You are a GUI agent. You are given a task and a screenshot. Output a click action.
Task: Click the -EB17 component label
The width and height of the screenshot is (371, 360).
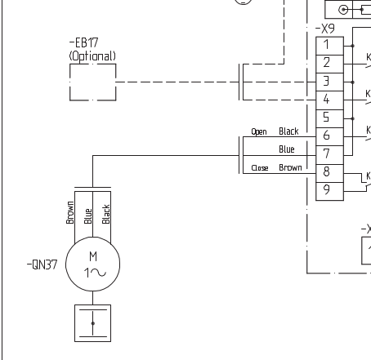tap(83, 42)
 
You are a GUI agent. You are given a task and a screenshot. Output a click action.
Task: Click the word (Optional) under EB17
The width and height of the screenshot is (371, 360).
tap(92, 56)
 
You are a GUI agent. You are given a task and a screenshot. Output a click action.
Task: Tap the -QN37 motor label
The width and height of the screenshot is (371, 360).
tap(42, 264)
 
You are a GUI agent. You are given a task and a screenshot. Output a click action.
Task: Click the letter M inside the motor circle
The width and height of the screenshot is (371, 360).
tap(93, 256)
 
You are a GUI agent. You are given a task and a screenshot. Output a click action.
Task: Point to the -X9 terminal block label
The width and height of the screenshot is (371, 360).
tap(325, 29)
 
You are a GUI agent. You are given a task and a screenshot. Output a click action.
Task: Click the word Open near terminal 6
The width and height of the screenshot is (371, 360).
tap(259, 131)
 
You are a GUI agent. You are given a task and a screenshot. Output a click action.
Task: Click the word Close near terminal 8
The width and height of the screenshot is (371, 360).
tap(260, 168)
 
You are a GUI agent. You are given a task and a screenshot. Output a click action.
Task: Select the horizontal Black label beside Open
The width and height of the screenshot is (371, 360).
tap(288, 131)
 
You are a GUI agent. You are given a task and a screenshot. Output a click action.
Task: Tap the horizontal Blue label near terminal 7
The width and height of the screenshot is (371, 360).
tap(287, 149)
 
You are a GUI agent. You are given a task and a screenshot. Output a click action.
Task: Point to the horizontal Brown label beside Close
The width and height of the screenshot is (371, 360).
tap(290, 167)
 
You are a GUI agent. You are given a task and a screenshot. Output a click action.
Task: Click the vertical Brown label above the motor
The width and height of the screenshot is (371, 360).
tap(70, 212)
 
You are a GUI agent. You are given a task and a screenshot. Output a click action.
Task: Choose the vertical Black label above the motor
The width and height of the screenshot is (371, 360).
tap(106, 214)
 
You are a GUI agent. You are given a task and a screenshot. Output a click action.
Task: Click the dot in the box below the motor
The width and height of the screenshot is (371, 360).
tap(93, 323)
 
